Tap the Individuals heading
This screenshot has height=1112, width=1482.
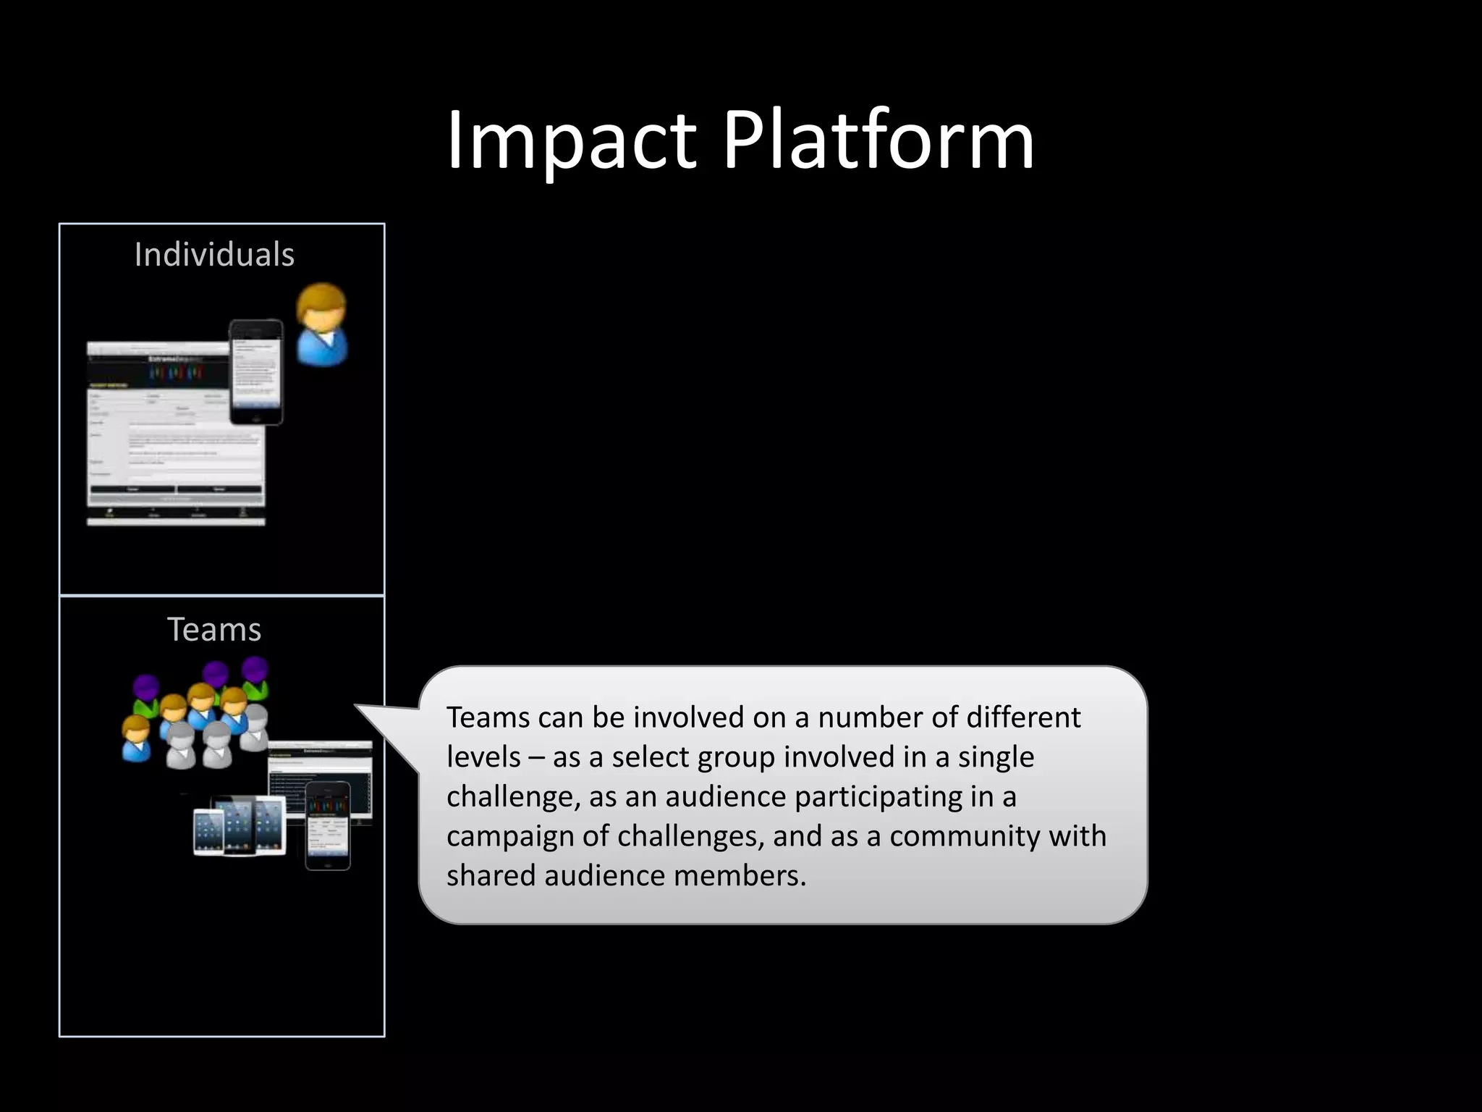pyautogui.click(x=214, y=255)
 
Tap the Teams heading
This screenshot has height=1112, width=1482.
pyautogui.click(x=214, y=629)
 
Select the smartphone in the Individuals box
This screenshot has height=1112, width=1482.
pyautogui.click(x=256, y=371)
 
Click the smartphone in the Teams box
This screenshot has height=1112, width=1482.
pyautogui.click(x=328, y=825)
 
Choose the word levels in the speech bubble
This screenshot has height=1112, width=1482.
pyautogui.click(x=483, y=757)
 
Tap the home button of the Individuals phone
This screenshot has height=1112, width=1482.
pyautogui.click(x=256, y=418)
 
